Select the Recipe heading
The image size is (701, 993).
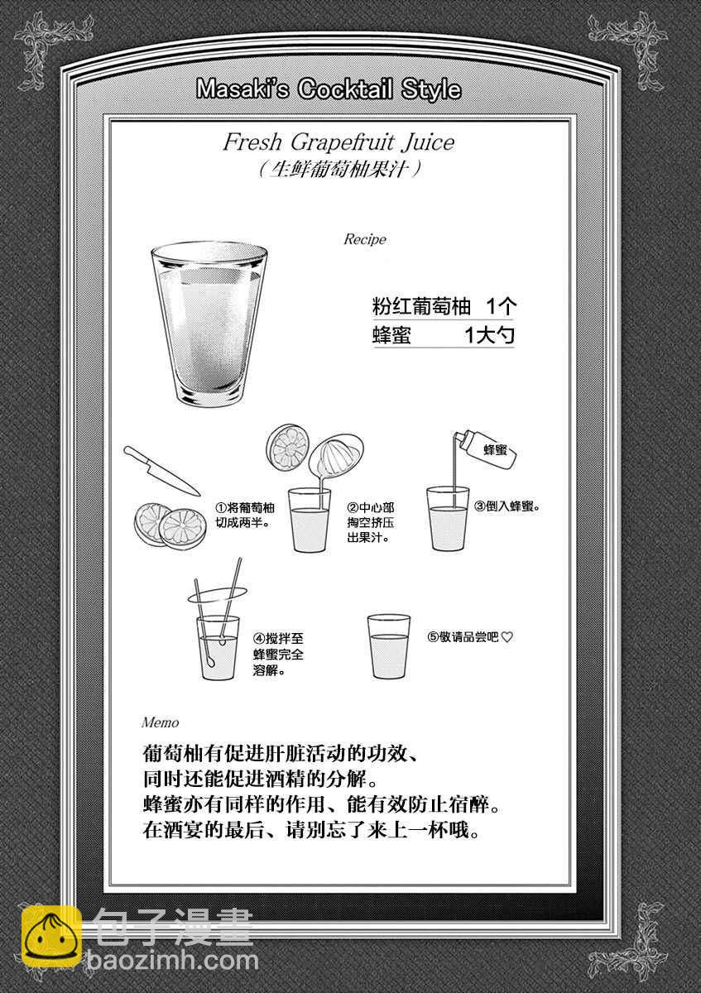365,239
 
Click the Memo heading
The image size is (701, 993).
160,722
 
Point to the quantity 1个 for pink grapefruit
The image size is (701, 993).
501,306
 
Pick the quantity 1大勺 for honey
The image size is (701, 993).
489,335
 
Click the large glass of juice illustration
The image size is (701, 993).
209,324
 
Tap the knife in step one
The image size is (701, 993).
161,471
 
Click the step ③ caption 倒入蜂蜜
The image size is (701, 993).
507,506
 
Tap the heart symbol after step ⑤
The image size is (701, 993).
507,637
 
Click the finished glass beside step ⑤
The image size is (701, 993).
389,646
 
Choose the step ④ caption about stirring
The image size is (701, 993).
278,654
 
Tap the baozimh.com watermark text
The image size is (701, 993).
173,972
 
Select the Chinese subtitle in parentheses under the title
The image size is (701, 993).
338,170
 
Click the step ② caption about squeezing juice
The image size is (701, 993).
371,523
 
